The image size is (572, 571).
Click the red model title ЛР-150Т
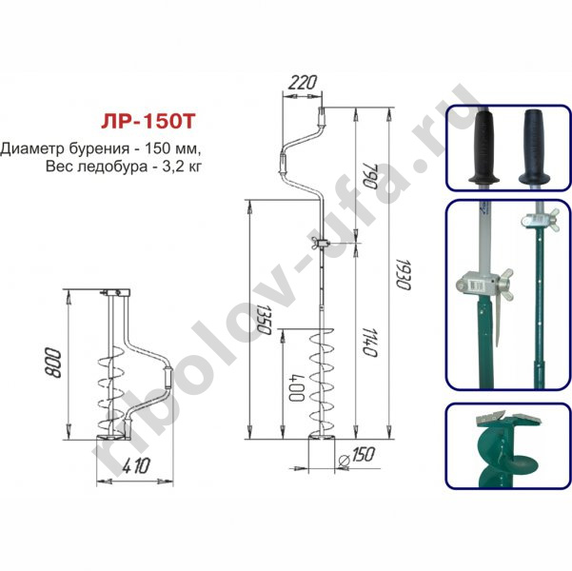point(148,122)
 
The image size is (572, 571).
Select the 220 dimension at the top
point(302,83)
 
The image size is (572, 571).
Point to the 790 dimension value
point(369,176)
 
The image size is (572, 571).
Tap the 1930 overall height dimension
point(404,274)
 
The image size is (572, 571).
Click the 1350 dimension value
point(264,319)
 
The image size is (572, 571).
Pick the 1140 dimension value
point(369,343)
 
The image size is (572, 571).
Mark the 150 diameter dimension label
point(363,454)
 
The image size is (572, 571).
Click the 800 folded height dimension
point(53,363)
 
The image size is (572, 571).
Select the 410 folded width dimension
point(136,466)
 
